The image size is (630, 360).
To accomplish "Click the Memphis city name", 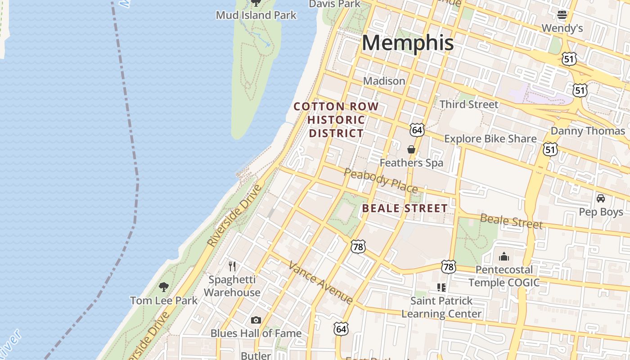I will [407, 43].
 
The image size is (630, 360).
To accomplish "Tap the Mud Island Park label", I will [256, 15].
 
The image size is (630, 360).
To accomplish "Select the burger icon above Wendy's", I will [562, 15].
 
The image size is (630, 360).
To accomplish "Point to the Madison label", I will [384, 81].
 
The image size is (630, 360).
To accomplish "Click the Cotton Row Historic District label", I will [336, 120].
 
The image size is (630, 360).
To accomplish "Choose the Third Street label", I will [468, 104].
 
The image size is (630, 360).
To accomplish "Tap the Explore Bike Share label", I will [490, 139].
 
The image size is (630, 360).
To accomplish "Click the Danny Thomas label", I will [588, 131].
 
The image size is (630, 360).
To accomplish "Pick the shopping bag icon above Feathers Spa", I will [411, 149].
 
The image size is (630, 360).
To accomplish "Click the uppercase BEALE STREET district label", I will [405, 208].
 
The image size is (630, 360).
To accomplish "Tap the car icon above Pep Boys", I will [600, 198].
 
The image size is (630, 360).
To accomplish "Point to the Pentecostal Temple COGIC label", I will [504, 276].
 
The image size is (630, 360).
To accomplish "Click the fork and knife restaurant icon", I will [232, 266].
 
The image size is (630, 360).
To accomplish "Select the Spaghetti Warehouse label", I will [232, 286].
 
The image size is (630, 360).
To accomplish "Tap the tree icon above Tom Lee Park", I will [164, 287].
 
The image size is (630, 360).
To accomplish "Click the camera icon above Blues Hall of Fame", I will [256, 320].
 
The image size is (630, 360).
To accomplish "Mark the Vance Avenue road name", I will [320, 282].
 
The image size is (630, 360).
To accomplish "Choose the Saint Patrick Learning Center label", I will [441, 307].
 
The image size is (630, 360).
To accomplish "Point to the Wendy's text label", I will [562, 28].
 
